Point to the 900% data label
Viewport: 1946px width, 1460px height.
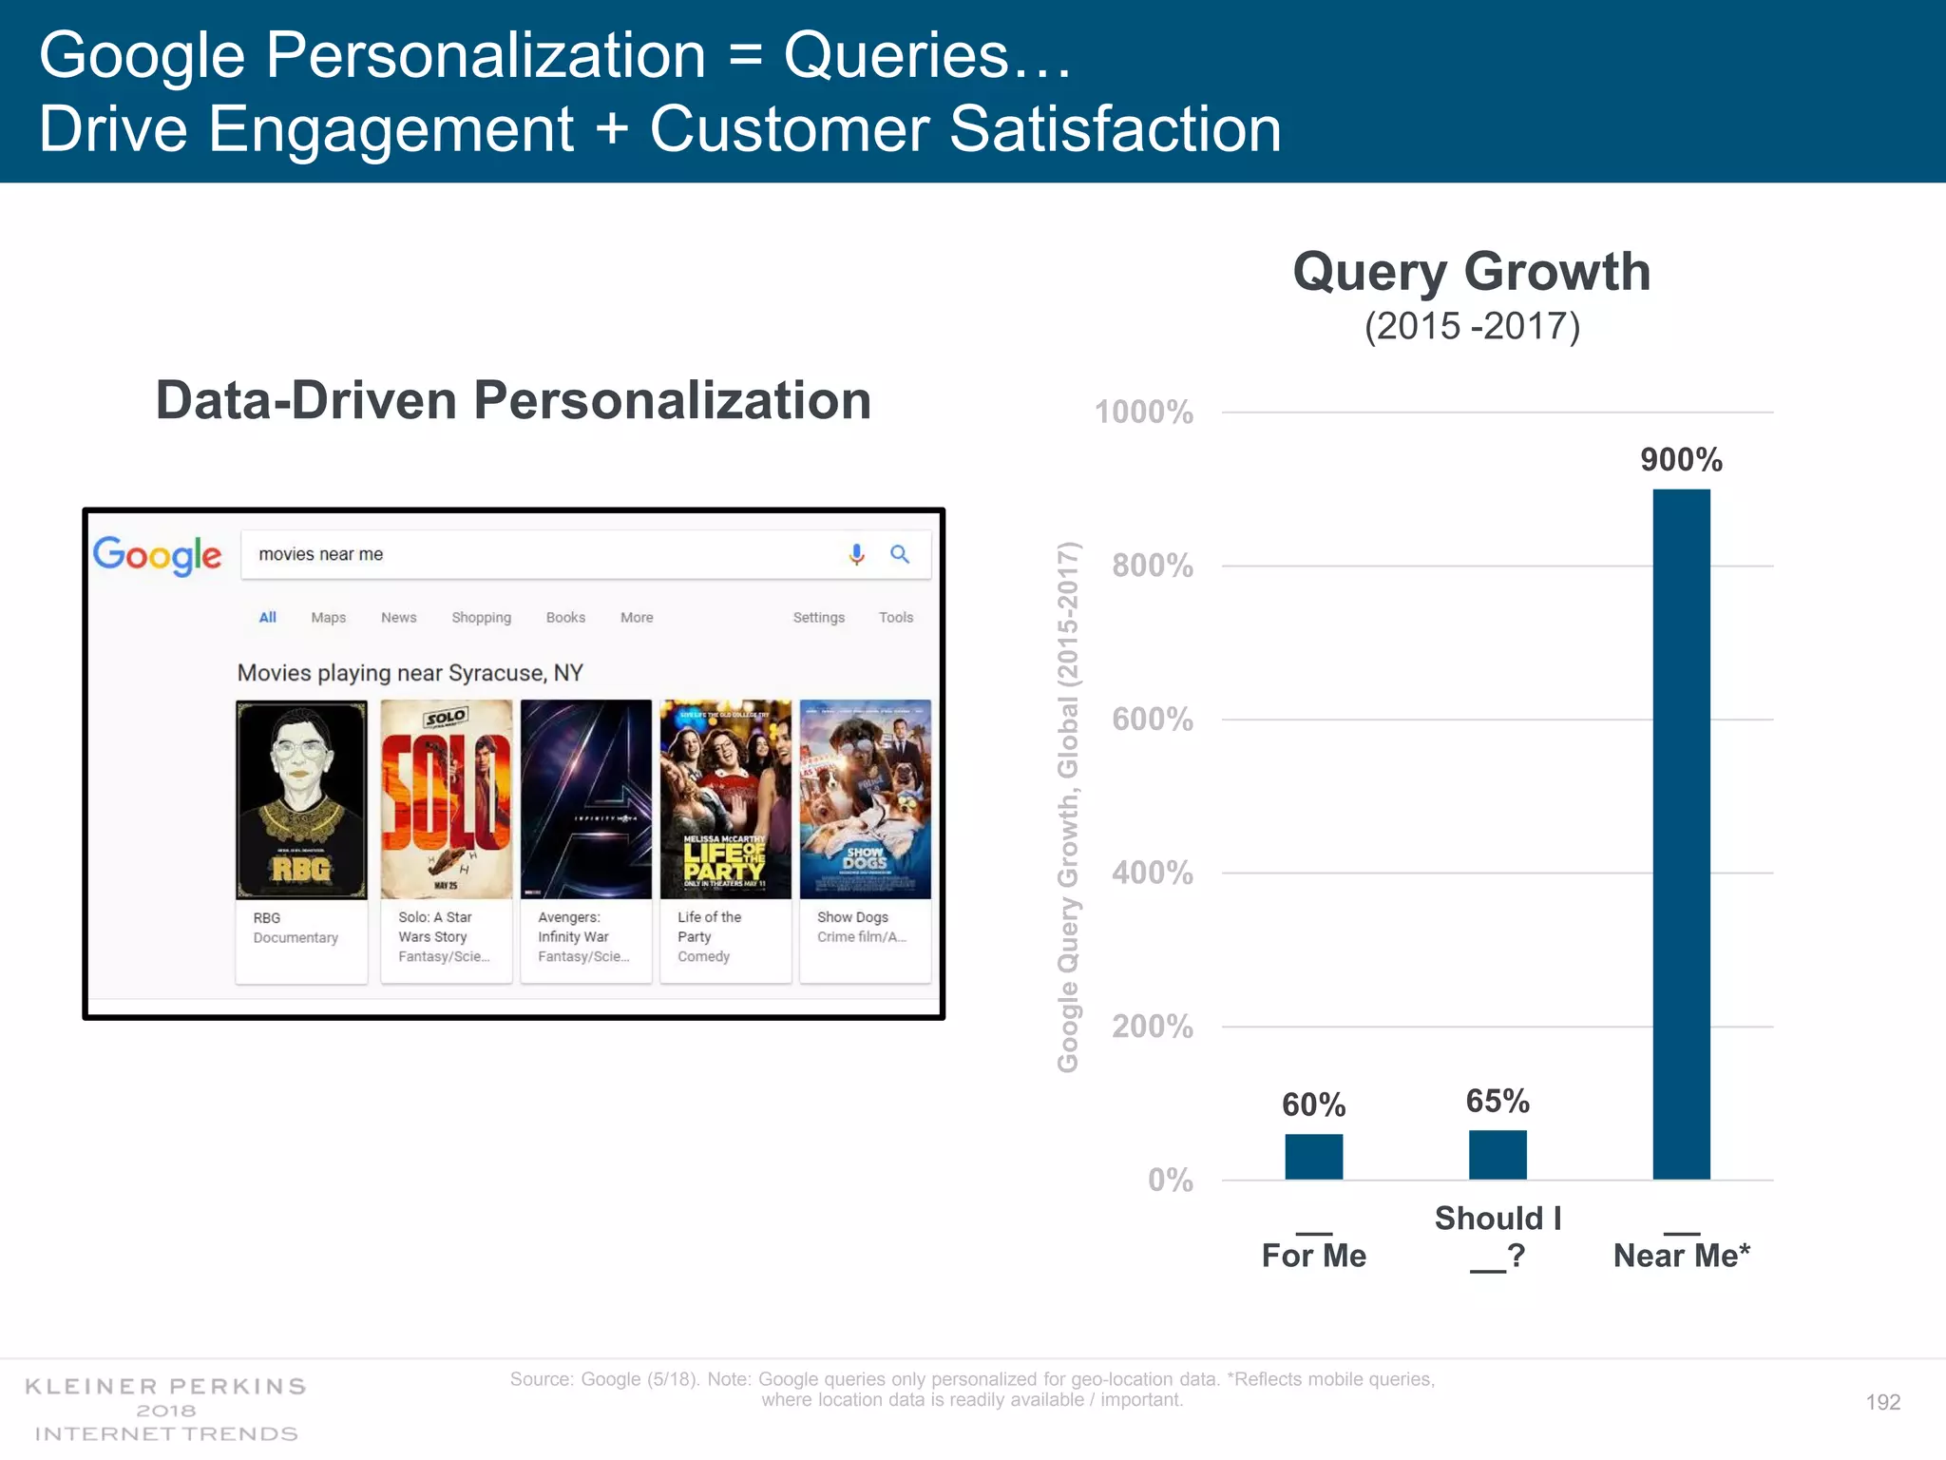(1681, 460)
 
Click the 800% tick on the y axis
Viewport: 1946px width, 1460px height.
(1153, 566)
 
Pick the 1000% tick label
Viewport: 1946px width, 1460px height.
(1144, 413)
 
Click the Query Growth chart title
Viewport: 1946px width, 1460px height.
(1472, 272)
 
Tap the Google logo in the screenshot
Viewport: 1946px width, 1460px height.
(158, 555)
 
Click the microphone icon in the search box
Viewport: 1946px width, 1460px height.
(856, 554)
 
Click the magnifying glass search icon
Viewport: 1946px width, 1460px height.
(900, 554)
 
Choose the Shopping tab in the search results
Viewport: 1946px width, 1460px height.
(481, 618)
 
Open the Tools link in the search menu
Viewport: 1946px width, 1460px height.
(895, 618)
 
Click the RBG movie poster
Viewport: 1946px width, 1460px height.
(301, 799)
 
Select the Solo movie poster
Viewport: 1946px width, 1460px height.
(446, 799)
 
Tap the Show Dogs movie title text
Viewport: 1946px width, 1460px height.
(852, 917)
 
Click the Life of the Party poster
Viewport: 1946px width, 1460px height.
(725, 799)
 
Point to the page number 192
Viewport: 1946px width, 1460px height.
(1882, 1402)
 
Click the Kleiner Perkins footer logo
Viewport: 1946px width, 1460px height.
(166, 1410)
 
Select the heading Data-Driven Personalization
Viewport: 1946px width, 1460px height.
(513, 400)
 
